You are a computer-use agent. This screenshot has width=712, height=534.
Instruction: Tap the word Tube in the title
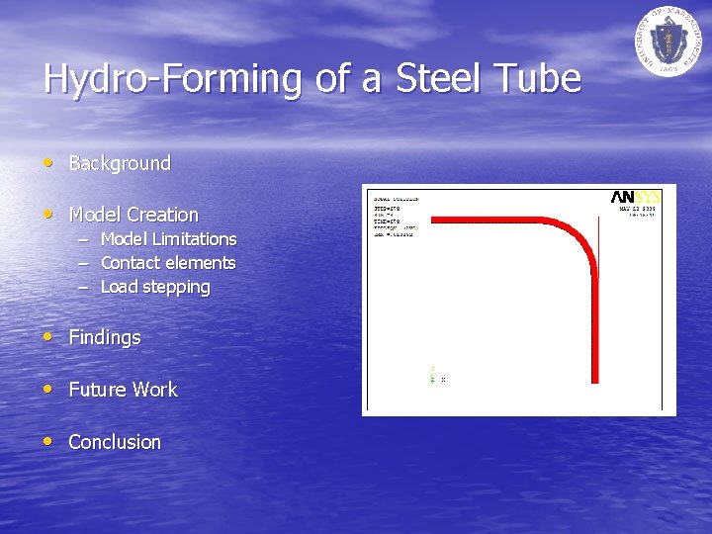pyautogui.click(x=542, y=79)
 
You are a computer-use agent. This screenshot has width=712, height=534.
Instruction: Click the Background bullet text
pyautogui.click(x=120, y=163)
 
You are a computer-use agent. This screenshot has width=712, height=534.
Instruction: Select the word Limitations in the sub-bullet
pyautogui.click(x=194, y=239)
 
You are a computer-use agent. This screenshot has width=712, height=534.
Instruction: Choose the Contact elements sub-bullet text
pyautogui.click(x=168, y=263)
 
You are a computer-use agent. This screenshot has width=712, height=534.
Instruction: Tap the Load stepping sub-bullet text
pyautogui.click(x=155, y=287)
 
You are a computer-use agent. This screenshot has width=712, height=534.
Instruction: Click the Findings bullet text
pyautogui.click(x=105, y=337)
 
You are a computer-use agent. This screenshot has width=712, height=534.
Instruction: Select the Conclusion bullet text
pyautogui.click(x=115, y=442)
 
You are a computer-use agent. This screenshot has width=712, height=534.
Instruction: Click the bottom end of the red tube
pyautogui.click(x=594, y=380)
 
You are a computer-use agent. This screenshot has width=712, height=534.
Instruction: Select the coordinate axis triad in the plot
pyautogui.click(x=435, y=376)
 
